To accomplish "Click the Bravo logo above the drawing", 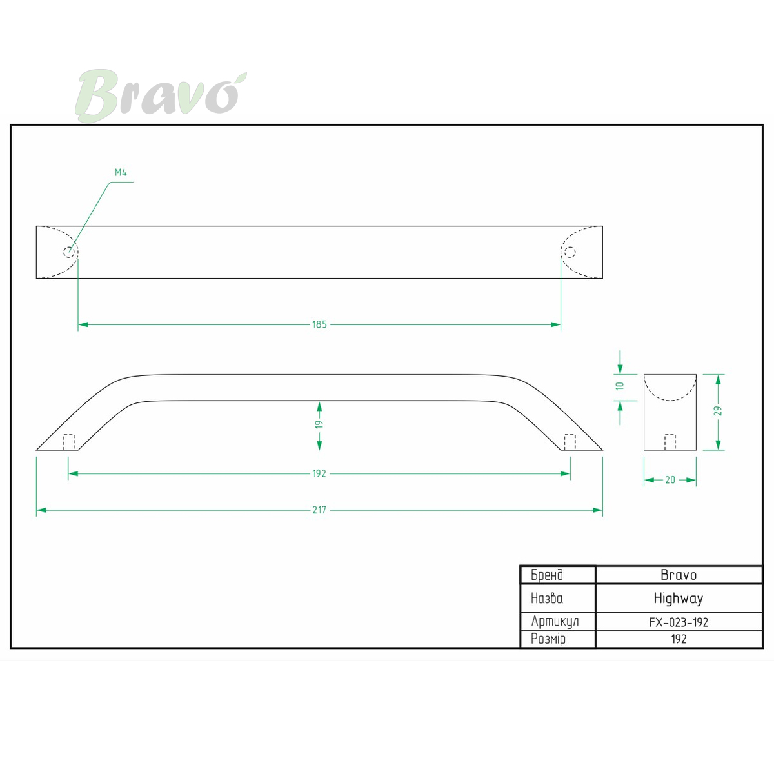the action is tap(161, 95).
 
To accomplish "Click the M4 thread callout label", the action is tap(121, 172).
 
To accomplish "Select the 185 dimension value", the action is tap(319, 324).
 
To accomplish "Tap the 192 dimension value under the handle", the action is tap(319, 473).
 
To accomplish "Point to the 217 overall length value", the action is tap(319, 510).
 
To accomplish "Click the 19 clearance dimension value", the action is tap(319, 424).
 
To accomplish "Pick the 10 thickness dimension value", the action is tap(620, 386).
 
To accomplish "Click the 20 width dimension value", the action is tap(670, 480).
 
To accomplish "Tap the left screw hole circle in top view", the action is tap(69, 252).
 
